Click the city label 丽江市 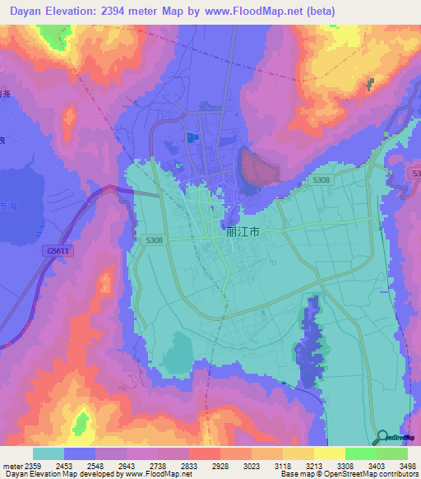pyautogui.click(x=243, y=232)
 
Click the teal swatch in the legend pyautogui.click(x=49, y=453)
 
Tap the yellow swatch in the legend pyautogui.click(x=330, y=453)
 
